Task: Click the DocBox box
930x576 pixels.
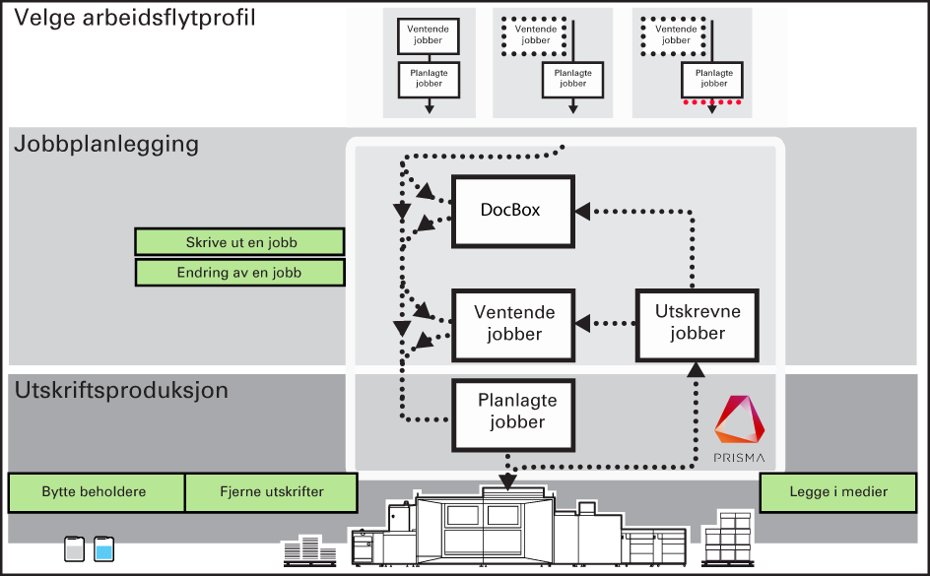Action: click(x=513, y=211)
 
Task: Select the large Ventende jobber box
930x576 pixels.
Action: click(x=513, y=325)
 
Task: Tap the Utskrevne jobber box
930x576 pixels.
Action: click(x=697, y=325)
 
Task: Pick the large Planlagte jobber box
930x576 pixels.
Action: click(x=513, y=415)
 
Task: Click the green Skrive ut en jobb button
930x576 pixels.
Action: click(x=239, y=242)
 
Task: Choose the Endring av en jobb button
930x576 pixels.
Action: click(x=239, y=272)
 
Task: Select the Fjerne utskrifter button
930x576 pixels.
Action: click(x=272, y=492)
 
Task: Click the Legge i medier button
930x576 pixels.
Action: click(x=838, y=492)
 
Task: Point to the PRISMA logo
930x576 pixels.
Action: click(x=739, y=428)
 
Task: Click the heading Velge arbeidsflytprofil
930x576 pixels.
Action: click(x=135, y=18)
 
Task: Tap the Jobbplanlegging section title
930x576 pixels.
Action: click(x=106, y=144)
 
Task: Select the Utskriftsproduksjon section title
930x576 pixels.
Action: click(x=121, y=391)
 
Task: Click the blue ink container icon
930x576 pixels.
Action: click(x=103, y=548)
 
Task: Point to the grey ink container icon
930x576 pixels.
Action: click(x=74, y=548)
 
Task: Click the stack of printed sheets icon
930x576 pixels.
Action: click(x=309, y=550)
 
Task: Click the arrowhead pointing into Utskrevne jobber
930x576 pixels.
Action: click(x=696, y=370)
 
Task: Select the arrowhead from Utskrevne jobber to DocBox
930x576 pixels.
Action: click(x=582, y=211)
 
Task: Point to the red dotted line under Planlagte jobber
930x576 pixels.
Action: click(x=711, y=102)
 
